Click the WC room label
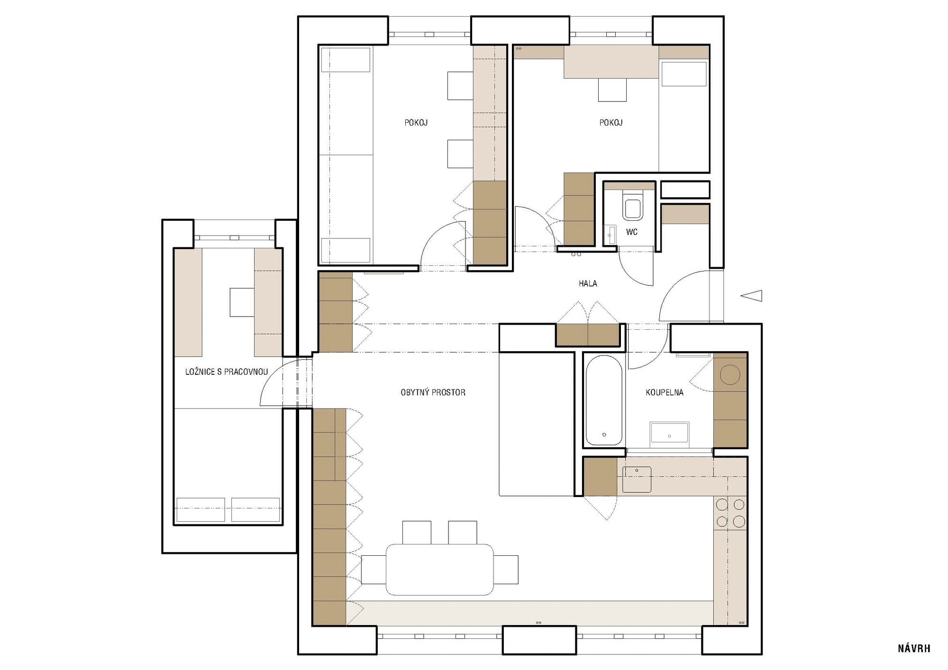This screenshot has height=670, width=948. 632,232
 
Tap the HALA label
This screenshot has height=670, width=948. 588,283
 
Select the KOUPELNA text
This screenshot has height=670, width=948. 665,392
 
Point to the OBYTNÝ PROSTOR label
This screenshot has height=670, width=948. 433,392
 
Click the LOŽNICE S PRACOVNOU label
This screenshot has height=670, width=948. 227,372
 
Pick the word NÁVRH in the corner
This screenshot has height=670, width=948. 914,649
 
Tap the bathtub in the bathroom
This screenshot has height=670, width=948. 604,400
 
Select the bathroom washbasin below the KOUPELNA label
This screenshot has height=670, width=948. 669,432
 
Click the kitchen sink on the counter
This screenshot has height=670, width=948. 637,480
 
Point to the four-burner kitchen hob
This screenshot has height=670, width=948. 730,513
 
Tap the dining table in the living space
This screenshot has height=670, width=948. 440,570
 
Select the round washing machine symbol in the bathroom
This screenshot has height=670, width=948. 730,375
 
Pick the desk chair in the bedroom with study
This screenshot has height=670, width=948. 242,302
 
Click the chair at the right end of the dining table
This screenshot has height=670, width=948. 506,570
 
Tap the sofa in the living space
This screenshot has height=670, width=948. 537,424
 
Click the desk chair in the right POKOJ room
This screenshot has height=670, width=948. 612,90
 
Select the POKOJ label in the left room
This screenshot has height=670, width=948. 416,123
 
